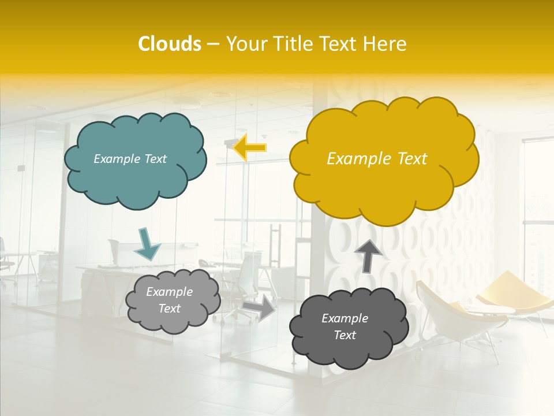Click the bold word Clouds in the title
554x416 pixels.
[x=169, y=44]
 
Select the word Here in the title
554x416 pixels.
[x=385, y=44]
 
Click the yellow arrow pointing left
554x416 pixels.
[x=250, y=148]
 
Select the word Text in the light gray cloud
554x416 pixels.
[x=169, y=309]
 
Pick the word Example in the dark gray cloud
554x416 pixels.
[x=345, y=318]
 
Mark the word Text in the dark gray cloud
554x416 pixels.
[x=345, y=335]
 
